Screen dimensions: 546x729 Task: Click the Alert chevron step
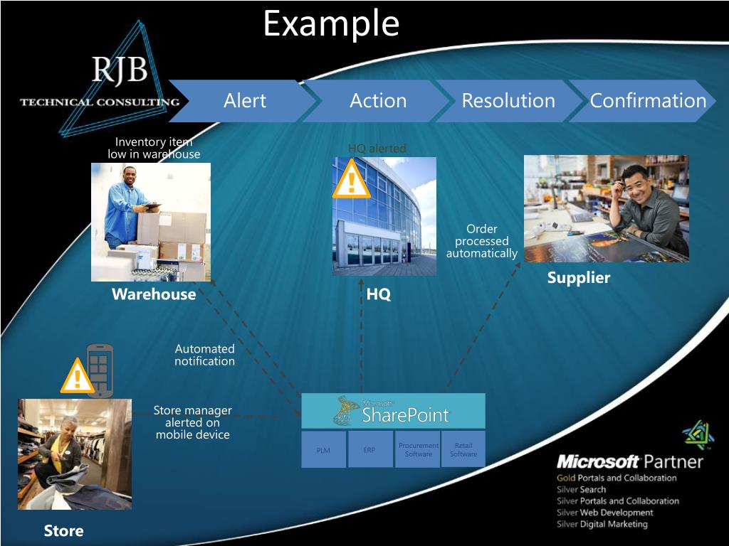click(x=245, y=101)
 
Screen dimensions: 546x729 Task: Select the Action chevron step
click(x=378, y=101)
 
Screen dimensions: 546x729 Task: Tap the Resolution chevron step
click(x=508, y=101)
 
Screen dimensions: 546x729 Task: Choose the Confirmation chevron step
click(x=647, y=101)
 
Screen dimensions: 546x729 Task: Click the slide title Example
click(x=331, y=23)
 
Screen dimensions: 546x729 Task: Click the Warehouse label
click(x=154, y=294)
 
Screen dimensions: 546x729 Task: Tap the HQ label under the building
click(x=379, y=294)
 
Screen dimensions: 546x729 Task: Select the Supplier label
click(x=579, y=278)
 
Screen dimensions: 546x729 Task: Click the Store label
click(x=63, y=531)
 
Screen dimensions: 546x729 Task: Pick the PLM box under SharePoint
click(x=323, y=449)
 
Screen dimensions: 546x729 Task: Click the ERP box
click(x=369, y=449)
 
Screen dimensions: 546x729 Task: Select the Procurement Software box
click(x=419, y=449)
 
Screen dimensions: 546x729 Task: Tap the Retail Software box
click(x=463, y=449)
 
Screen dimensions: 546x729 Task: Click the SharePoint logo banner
click(x=393, y=411)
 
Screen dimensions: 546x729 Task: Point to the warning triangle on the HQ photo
click(x=351, y=179)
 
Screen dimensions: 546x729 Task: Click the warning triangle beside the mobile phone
click(x=78, y=376)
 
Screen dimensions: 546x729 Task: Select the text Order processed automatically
click(x=482, y=241)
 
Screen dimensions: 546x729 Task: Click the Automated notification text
click(x=205, y=355)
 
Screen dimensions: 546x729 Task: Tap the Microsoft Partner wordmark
click(x=630, y=461)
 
